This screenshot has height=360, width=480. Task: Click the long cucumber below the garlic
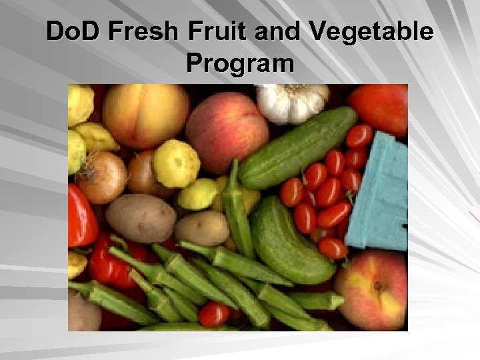tap(298, 148)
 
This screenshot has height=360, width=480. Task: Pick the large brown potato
tap(141, 219)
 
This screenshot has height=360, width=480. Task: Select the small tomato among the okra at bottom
tap(214, 314)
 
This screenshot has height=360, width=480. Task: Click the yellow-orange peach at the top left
tap(145, 115)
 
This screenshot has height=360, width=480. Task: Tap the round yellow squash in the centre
tap(176, 163)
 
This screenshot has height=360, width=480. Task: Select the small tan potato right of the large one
tap(202, 228)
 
